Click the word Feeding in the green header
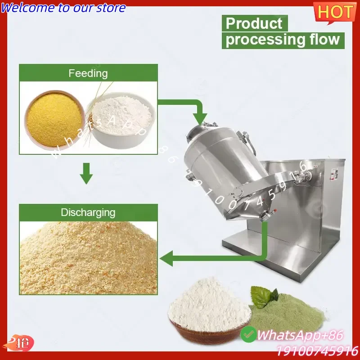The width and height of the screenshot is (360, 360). [88, 73]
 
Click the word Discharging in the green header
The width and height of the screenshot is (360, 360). [88, 212]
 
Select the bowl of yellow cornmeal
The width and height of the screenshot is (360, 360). [54, 119]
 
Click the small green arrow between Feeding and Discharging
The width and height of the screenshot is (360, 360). [86, 173]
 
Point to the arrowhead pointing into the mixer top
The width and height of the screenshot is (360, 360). [200, 119]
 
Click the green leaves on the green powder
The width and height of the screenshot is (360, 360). [264, 296]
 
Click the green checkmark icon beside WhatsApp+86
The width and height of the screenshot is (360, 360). [248, 334]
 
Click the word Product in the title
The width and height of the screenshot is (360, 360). [254, 23]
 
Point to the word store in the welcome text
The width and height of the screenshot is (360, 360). [111, 8]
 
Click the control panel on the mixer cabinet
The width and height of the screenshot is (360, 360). [334, 174]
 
